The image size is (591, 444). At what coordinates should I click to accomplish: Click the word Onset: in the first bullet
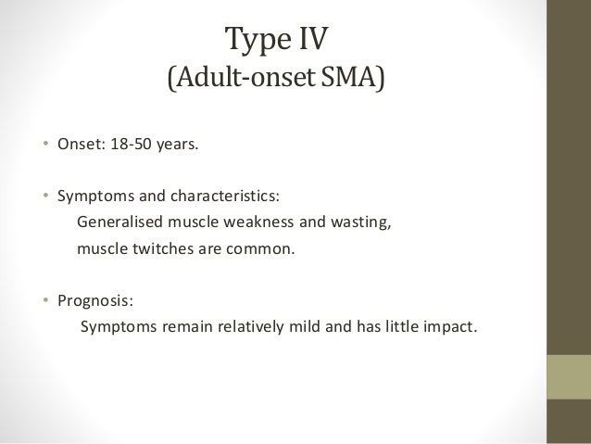(81, 145)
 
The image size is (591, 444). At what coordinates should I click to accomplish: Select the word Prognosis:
(95, 301)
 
